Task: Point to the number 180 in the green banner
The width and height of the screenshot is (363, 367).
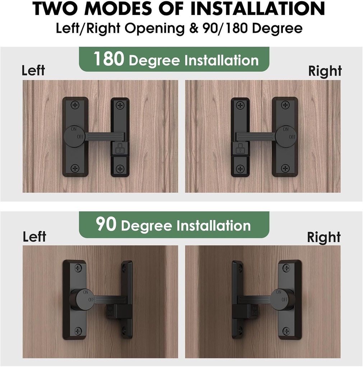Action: coord(109,59)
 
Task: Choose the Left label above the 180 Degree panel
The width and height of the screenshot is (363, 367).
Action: coord(33,70)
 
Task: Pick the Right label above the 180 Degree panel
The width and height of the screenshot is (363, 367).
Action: coord(325,71)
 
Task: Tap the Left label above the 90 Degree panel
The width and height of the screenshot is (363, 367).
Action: coord(34,237)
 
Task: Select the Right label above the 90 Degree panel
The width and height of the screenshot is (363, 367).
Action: coord(324,237)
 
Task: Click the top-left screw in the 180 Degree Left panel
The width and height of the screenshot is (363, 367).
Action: coord(75,105)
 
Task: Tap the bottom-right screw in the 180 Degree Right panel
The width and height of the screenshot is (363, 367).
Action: coord(285,167)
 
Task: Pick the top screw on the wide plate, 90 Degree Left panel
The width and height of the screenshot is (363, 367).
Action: coord(78,268)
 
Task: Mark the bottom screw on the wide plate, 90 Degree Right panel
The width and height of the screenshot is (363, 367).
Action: coord(286,331)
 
